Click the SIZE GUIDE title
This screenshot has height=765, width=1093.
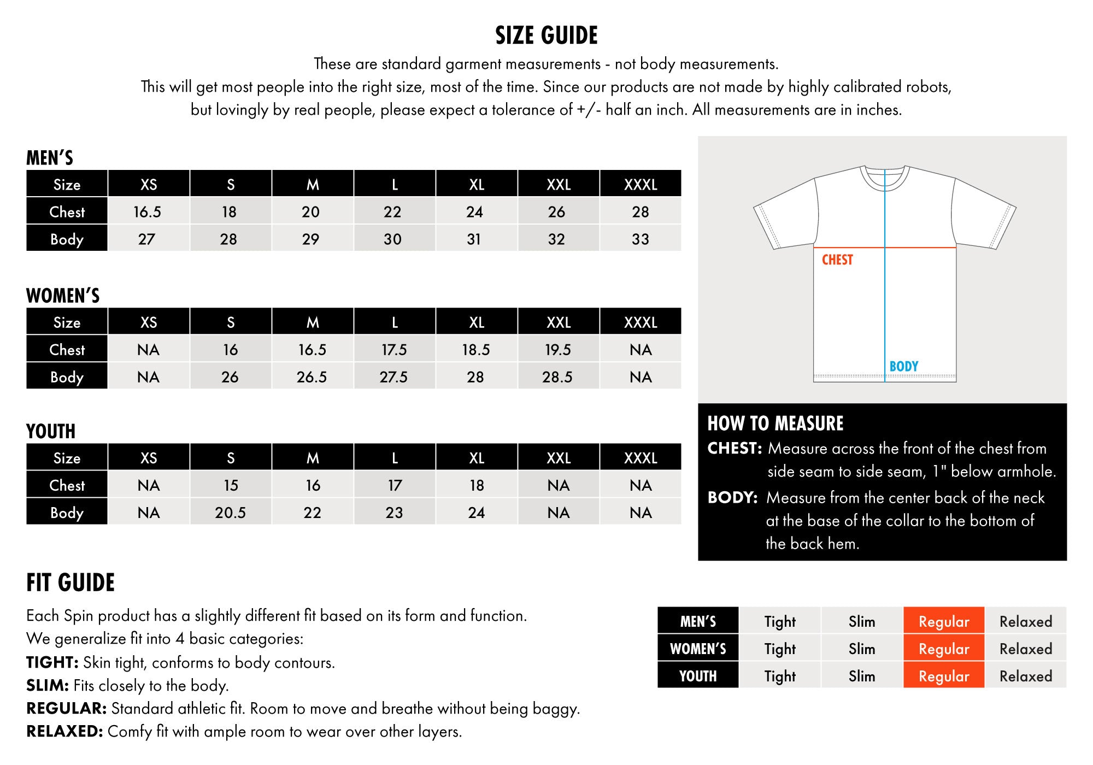point(546,36)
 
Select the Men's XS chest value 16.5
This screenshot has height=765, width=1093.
point(148,211)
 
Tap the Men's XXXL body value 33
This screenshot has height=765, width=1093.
point(640,239)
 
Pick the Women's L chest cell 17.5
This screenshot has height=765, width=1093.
point(394,350)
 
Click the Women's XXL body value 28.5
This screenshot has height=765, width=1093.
point(557,377)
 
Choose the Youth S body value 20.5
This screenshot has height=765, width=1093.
point(230,513)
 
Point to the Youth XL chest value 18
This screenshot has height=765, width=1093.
point(477,485)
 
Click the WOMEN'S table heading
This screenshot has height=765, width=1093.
point(63,296)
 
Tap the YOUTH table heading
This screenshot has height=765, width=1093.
point(51,431)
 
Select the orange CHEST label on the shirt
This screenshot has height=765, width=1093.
point(837,260)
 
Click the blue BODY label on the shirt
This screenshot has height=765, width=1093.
point(904,366)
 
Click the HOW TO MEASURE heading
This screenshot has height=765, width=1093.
point(775,423)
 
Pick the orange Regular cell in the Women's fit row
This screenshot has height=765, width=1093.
point(944,649)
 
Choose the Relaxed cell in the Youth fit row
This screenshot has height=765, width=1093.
point(1026,676)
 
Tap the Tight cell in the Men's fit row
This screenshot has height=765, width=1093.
point(780,621)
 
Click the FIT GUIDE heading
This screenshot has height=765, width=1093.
point(70,582)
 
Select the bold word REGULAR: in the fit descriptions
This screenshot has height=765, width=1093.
point(66,708)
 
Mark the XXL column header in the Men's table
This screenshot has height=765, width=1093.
point(559,184)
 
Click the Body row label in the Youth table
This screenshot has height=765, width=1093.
point(67,513)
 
